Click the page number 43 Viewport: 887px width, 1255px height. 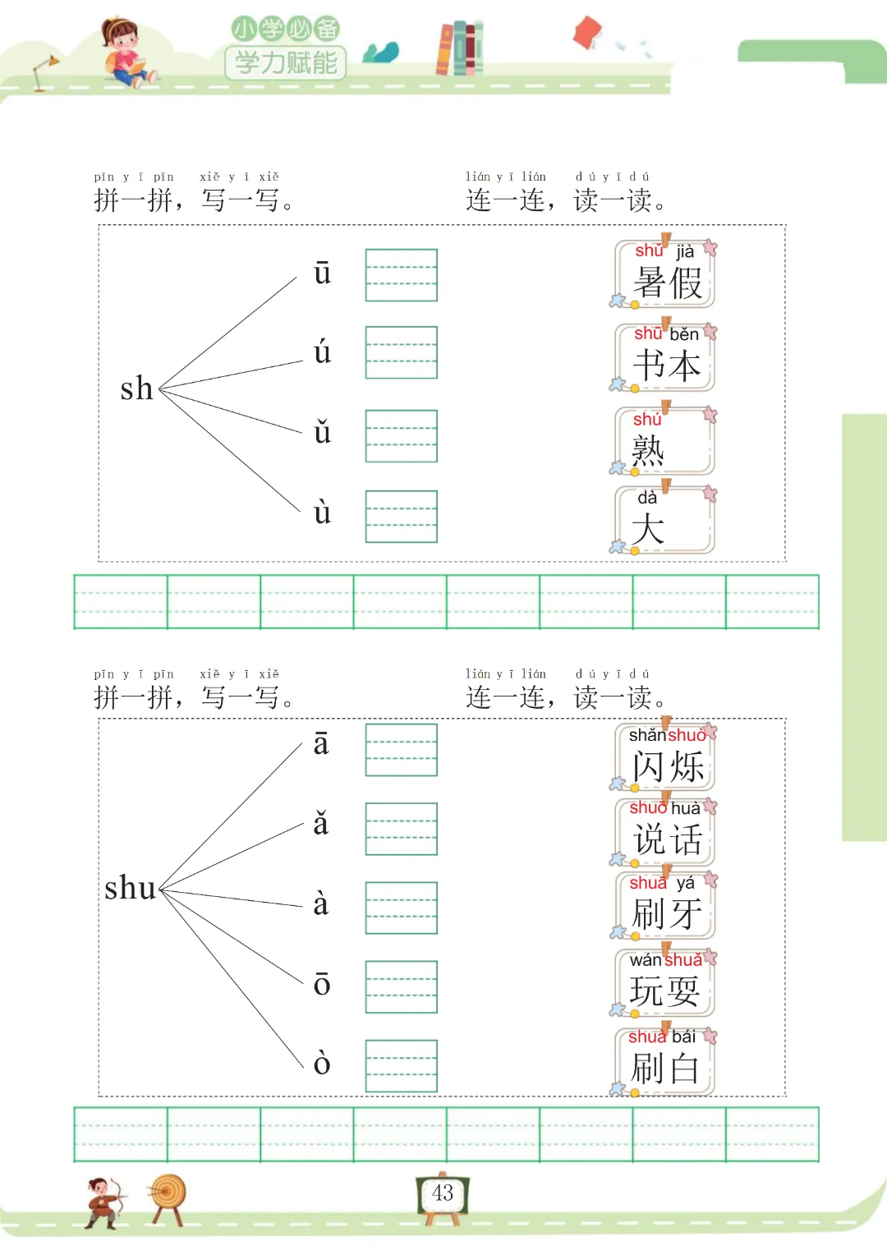[x=443, y=1193]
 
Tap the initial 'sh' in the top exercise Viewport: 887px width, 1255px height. [x=136, y=388]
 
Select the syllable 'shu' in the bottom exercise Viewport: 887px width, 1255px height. [x=130, y=888]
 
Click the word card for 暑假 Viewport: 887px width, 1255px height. [x=665, y=274]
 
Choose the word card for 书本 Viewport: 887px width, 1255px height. [x=665, y=357]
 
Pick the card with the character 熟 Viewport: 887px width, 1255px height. [x=665, y=441]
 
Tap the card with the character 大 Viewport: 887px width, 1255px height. [x=665, y=520]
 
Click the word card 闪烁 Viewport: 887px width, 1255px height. [x=665, y=756]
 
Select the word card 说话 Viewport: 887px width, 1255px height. [x=665, y=830]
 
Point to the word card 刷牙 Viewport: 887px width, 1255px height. [x=665, y=904]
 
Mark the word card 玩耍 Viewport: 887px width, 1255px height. [x=665, y=981]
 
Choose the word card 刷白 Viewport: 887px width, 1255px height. [x=665, y=1060]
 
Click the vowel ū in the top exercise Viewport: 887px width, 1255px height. [x=322, y=274]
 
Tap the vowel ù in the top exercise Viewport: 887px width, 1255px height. [x=322, y=513]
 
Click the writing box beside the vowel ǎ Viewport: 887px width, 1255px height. [x=401, y=829]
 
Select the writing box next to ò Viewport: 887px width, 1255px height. [x=401, y=1065]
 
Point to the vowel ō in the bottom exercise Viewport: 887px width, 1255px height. [x=322, y=984]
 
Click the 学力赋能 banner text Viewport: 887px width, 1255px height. [x=286, y=62]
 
